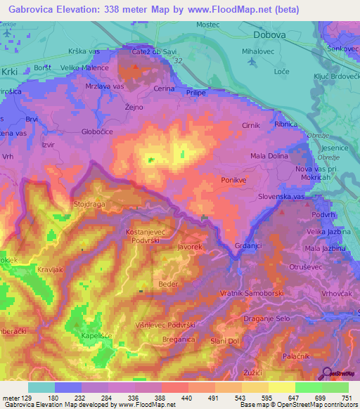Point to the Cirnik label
pos(251,125)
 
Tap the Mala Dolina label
pos(270,157)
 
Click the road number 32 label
pos(178,62)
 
